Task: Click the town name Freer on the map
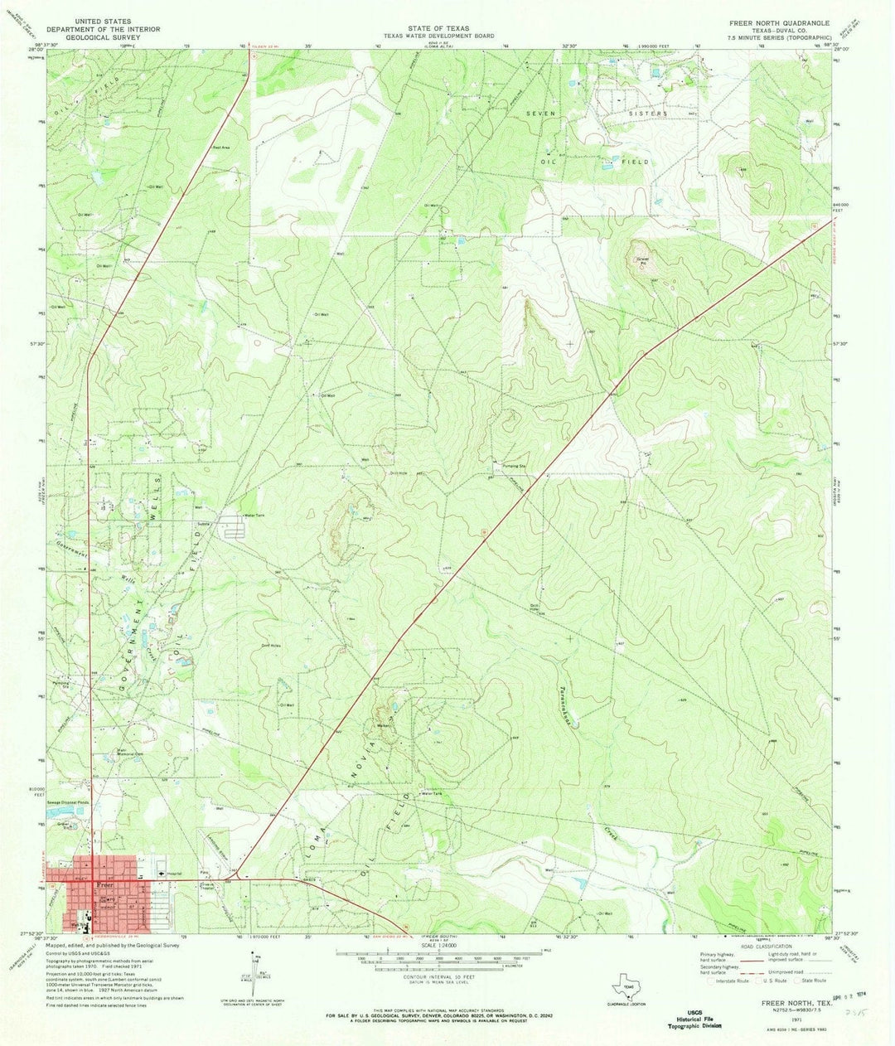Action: click(103, 884)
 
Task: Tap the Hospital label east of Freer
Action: click(173, 874)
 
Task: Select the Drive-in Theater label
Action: click(207, 889)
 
